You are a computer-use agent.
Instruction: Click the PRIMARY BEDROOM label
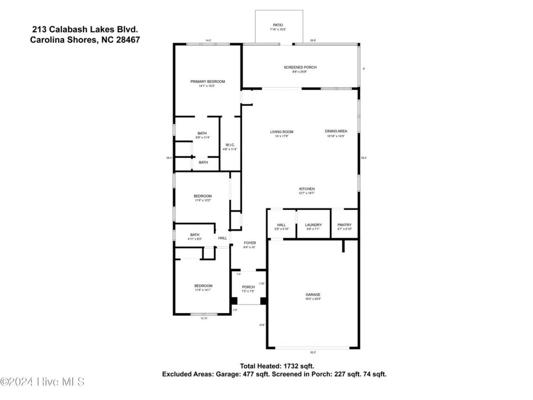point(207,81)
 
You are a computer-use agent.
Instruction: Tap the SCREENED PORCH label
point(300,67)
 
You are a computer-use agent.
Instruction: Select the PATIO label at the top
point(277,25)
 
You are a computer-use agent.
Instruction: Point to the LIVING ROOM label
point(282,132)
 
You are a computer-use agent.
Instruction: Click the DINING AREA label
point(336,131)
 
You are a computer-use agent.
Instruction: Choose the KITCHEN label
point(306,189)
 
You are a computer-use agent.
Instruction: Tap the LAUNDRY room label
point(313,225)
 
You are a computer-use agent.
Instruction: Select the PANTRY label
point(344,225)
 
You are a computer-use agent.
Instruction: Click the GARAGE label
point(313,295)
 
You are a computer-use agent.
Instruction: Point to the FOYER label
point(250,243)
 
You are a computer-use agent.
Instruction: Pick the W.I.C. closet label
point(230,145)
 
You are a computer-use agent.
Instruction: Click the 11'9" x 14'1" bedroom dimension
point(203,290)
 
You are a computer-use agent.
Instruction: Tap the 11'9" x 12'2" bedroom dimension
point(203,200)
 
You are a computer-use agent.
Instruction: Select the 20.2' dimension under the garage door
point(313,352)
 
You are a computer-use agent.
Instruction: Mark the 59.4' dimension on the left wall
point(169,157)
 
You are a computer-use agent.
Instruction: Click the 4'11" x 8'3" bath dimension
point(195,239)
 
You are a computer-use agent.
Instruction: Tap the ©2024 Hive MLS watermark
point(42,381)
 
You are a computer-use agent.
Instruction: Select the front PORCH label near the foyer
point(248,287)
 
